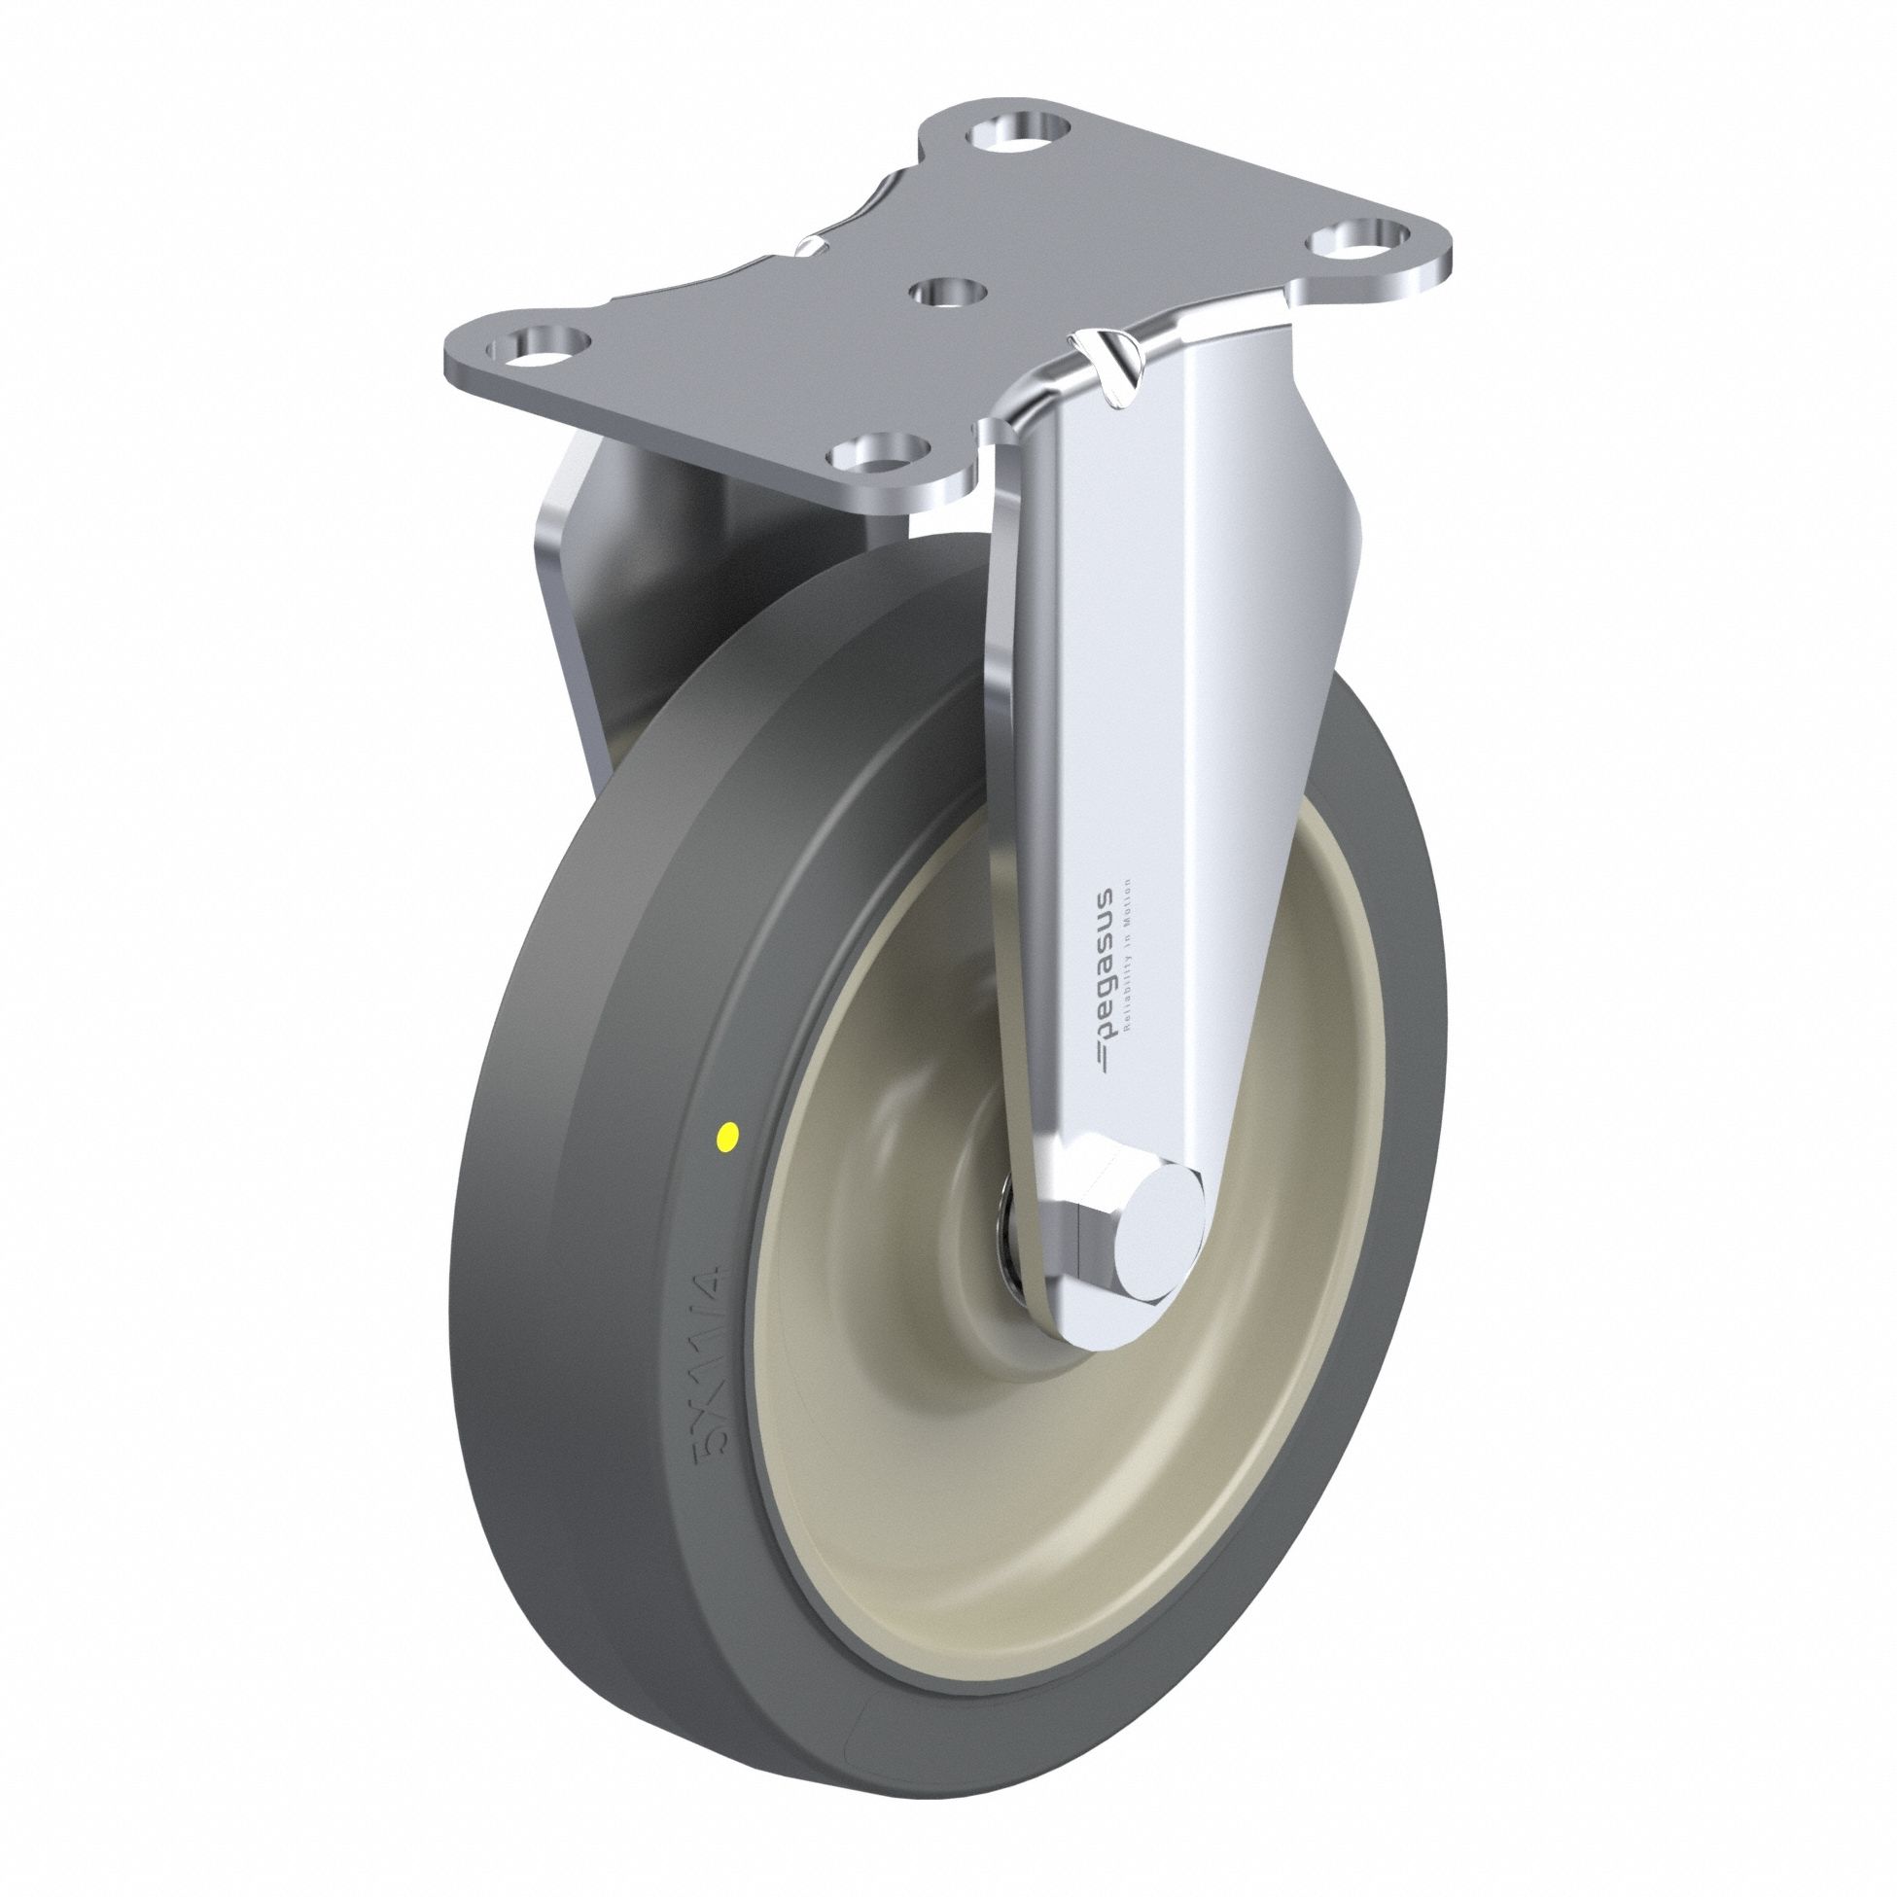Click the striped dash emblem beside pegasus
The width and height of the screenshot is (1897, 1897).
[x=1103, y=1059]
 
